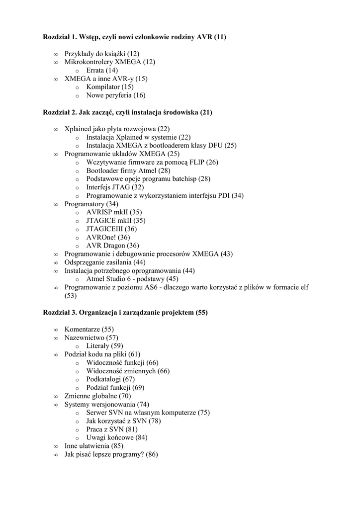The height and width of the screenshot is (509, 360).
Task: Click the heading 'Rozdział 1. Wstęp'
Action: [x=134, y=37]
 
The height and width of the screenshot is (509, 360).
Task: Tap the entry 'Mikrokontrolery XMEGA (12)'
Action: [x=110, y=62]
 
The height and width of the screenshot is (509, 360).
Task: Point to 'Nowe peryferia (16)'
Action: [x=116, y=95]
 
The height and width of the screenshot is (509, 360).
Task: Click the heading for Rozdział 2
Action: [x=128, y=112]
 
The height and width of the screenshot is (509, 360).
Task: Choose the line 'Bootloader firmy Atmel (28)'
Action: [x=128, y=170]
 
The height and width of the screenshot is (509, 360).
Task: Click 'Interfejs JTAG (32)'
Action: [x=115, y=187]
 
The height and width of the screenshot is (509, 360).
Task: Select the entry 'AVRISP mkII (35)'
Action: [x=114, y=212]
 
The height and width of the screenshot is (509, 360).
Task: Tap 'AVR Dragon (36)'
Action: [x=112, y=246]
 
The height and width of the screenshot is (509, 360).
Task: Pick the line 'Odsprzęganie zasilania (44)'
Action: [x=105, y=262]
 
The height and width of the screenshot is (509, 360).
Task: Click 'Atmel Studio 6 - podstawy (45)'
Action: [x=132, y=279]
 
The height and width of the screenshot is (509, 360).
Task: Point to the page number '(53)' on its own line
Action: [x=71, y=296]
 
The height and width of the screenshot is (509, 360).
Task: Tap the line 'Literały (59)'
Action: [x=104, y=345]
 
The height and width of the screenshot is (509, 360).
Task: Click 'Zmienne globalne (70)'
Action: [x=97, y=396]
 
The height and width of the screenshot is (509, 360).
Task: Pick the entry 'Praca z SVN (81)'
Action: [x=112, y=429]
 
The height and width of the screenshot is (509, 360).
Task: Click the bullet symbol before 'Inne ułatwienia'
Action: [x=55, y=446]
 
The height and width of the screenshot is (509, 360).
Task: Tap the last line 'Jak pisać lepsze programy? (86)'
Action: [x=111, y=454]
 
